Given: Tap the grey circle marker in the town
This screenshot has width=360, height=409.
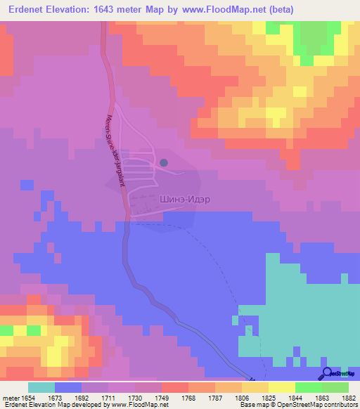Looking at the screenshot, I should [x=164, y=162].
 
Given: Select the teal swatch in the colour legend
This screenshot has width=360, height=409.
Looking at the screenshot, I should [x=41, y=387].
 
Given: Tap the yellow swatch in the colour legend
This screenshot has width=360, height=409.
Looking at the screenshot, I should [x=281, y=387].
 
